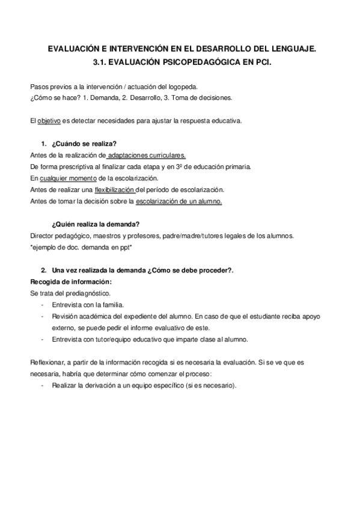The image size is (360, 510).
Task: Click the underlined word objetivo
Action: click(x=49, y=121)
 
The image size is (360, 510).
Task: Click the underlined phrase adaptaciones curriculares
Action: click(x=147, y=155)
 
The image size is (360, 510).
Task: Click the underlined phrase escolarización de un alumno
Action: click(x=179, y=201)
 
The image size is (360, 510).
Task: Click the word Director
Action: click(x=41, y=236)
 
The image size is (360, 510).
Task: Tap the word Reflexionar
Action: click(x=47, y=363)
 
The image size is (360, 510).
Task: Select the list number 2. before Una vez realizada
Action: click(x=44, y=271)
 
